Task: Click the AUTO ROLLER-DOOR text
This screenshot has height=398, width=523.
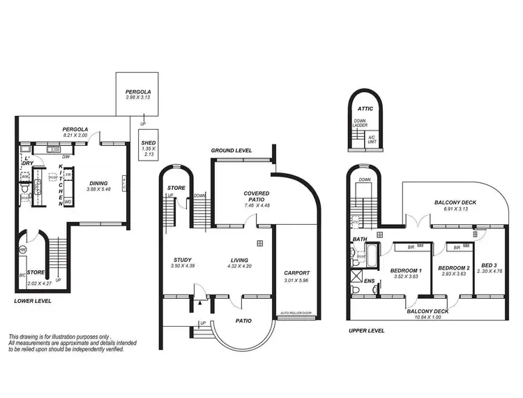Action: click(x=294, y=312)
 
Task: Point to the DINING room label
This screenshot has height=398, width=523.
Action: click(x=97, y=182)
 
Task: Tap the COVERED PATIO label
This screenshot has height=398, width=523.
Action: click(x=252, y=193)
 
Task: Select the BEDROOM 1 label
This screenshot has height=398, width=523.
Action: click(x=405, y=270)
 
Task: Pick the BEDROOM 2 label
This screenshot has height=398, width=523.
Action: click(x=453, y=267)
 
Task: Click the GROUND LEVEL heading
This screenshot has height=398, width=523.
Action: click(x=232, y=151)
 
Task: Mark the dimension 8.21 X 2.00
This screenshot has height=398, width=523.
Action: click(x=75, y=135)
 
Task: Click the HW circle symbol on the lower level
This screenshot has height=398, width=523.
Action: click(x=22, y=249)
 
